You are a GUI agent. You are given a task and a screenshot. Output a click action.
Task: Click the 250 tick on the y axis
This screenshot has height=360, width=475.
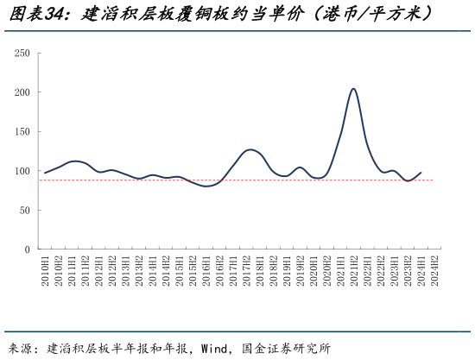point(22,54)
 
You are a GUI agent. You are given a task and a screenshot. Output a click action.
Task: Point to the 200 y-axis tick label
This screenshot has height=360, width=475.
point(22,92)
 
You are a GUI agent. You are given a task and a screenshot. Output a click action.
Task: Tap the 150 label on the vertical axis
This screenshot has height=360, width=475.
point(22,132)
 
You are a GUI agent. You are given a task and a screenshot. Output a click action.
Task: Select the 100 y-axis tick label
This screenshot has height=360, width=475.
point(22,171)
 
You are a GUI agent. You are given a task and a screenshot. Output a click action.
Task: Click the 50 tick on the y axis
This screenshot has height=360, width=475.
point(24,211)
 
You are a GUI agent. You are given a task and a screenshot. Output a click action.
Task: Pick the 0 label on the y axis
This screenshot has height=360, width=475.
point(27,249)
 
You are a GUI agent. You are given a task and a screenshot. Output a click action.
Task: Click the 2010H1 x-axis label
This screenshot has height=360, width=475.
point(46,270)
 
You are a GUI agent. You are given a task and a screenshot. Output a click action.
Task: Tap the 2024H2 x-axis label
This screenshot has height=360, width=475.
point(434,270)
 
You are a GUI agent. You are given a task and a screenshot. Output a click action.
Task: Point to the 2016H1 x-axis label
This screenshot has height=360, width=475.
point(206,270)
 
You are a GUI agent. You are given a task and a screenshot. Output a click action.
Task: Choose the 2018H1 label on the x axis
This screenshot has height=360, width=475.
point(260,270)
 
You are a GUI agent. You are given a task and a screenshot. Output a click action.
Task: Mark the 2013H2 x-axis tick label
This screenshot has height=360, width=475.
point(140,270)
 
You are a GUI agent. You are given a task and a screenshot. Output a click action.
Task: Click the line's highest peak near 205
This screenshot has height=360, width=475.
point(353,88)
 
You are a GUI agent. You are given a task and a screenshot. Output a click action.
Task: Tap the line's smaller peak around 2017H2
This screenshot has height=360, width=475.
point(250,150)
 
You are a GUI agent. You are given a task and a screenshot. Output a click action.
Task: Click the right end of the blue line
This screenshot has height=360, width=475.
point(421,172)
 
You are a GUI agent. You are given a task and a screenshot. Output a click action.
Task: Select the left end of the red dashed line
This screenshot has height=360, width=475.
point(40,180)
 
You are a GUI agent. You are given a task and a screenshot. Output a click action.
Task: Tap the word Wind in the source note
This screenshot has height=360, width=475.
point(215,349)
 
